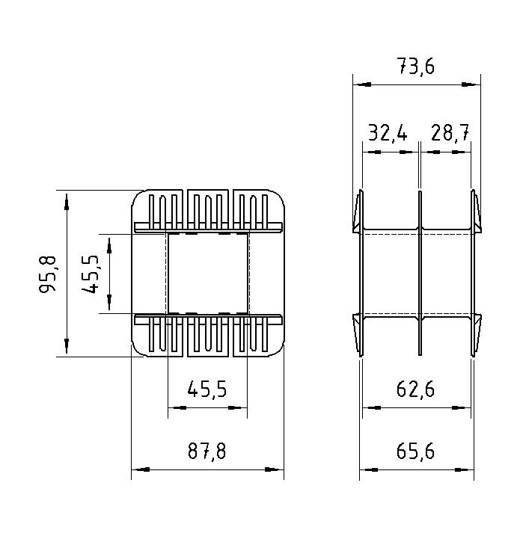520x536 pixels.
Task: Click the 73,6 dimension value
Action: pyautogui.click(x=416, y=67)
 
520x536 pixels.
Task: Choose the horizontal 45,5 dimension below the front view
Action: pyautogui.click(x=207, y=389)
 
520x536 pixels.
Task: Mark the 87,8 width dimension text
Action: pyautogui.click(x=207, y=452)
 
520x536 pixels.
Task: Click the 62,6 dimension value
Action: pyautogui.click(x=416, y=389)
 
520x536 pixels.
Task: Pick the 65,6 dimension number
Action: pyautogui.click(x=416, y=452)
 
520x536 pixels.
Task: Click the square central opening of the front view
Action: pyautogui.click(x=207, y=273)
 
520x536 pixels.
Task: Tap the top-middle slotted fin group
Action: pyautogui.click(x=208, y=209)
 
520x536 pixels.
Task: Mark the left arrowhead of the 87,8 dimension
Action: pyautogui.click(x=138, y=469)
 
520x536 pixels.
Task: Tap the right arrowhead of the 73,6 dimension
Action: pyautogui.click(x=474, y=84)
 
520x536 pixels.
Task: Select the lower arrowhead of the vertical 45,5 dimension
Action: pyautogui.click(x=109, y=306)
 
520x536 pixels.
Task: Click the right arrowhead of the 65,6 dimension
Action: pyautogui.click(x=468, y=469)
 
